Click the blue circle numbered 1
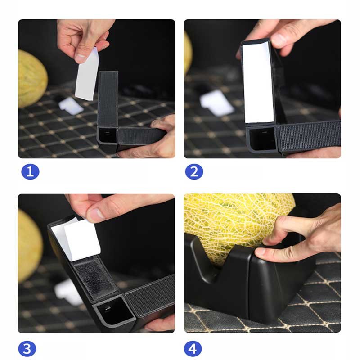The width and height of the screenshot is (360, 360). [30, 172]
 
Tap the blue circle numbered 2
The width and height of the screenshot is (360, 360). [194, 172]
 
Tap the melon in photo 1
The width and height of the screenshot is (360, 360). [31, 78]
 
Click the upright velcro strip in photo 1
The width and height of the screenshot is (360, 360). [108, 99]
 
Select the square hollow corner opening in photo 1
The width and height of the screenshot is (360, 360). [107, 135]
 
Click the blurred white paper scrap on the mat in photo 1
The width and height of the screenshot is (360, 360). [70, 106]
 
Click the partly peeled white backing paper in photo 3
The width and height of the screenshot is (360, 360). [76, 239]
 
